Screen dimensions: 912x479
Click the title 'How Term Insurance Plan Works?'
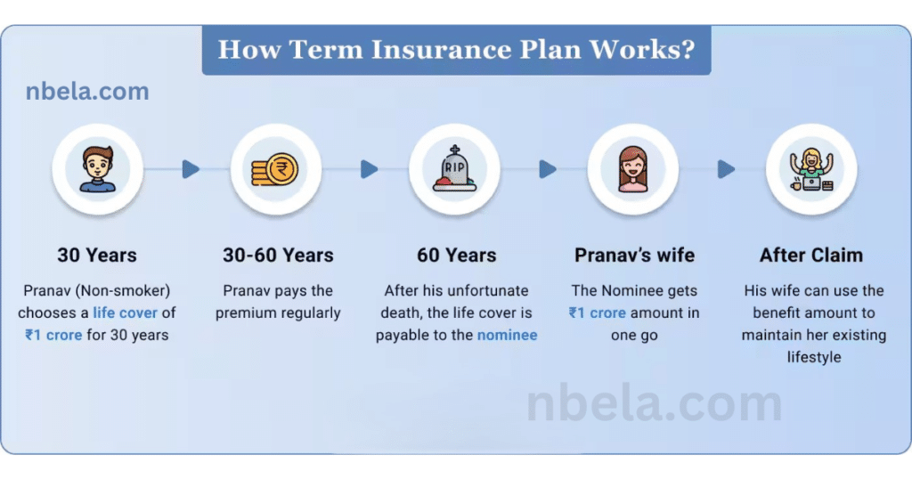(x=456, y=49)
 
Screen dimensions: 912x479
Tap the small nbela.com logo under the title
(x=87, y=92)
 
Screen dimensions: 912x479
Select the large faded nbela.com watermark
(x=655, y=403)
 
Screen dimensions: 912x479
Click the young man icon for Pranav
(x=98, y=169)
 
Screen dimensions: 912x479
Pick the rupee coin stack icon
(x=275, y=169)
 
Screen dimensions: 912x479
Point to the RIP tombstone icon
(x=454, y=168)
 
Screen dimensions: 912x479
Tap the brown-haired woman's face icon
(x=633, y=169)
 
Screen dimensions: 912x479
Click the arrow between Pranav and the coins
(x=191, y=169)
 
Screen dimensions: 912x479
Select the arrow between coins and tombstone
(x=370, y=169)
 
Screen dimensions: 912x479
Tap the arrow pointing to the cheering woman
(x=726, y=169)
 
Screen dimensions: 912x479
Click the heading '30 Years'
(x=97, y=256)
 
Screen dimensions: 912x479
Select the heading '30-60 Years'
(x=278, y=256)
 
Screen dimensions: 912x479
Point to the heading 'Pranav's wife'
(x=634, y=256)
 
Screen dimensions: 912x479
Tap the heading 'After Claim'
(x=811, y=256)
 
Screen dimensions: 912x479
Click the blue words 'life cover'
(x=125, y=313)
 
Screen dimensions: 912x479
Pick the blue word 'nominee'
(x=507, y=336)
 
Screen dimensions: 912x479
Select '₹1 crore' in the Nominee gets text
(x=598, y=313)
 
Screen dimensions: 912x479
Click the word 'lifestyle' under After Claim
(x=814, y=357)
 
